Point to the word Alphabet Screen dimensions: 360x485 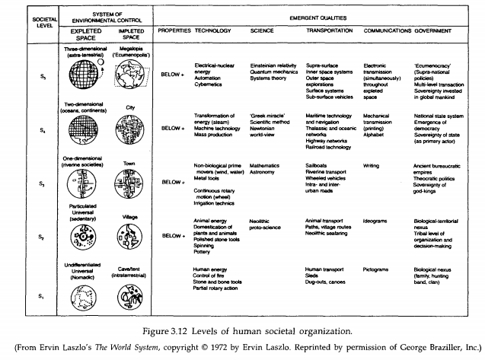tap(378, 129)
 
